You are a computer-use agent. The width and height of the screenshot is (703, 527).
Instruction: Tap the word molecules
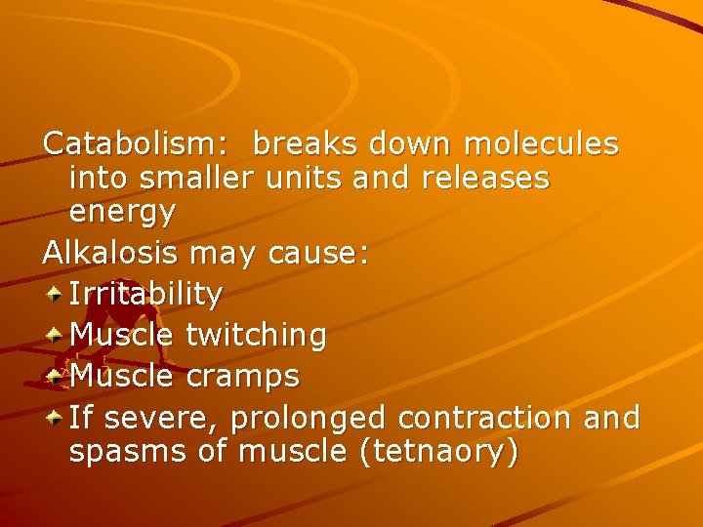coord(541,144)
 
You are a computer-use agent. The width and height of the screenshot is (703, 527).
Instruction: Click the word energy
coord(122,211)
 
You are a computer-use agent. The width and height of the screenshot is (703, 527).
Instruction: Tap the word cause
coord(320,254)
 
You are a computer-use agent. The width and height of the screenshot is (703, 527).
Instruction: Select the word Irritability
coord(146,294)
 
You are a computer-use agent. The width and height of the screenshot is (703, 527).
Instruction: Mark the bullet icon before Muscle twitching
coord(55,333)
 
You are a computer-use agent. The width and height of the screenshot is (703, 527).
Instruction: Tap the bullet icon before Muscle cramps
coord(55,374)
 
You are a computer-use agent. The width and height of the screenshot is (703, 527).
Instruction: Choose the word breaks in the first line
coord(307,144)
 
